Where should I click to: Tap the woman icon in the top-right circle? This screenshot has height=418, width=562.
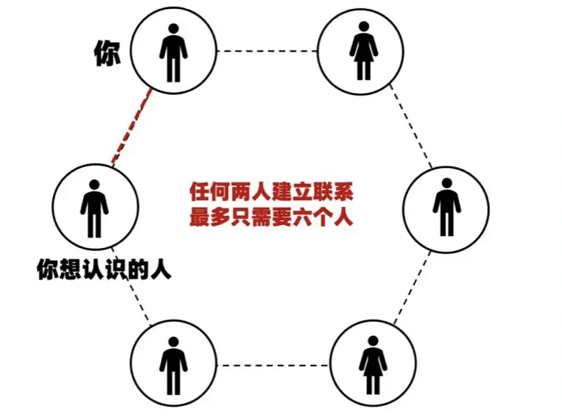(363, 50)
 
